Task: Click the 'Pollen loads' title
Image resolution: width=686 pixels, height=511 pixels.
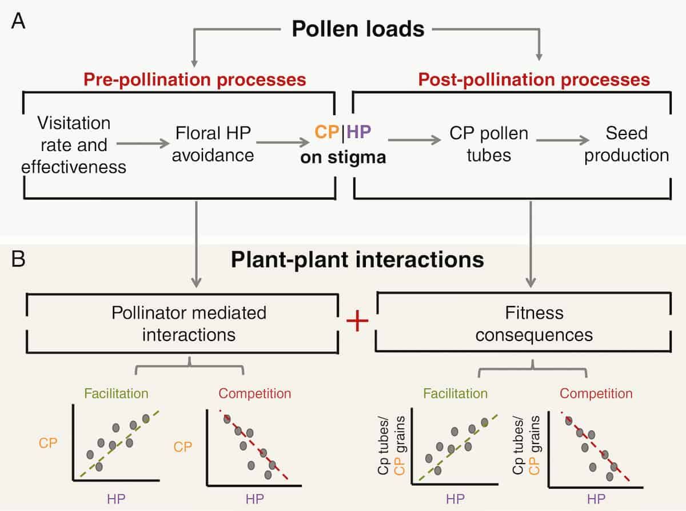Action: click(358, 28)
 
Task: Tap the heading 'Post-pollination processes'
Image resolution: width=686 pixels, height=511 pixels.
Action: click(534, 79)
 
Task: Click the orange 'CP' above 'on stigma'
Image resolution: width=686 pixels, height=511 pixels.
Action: click(327, 133)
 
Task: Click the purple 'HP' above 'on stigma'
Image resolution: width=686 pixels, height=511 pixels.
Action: click(358, 133)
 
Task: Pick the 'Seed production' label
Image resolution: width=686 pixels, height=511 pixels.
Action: click(627, 144)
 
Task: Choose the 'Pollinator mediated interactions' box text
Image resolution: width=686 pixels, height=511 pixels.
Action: click(189, 323)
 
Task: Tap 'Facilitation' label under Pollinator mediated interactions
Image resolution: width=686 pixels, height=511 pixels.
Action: click(116, 394)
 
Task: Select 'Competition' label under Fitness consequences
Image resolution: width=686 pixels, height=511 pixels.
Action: click(596, 394)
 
